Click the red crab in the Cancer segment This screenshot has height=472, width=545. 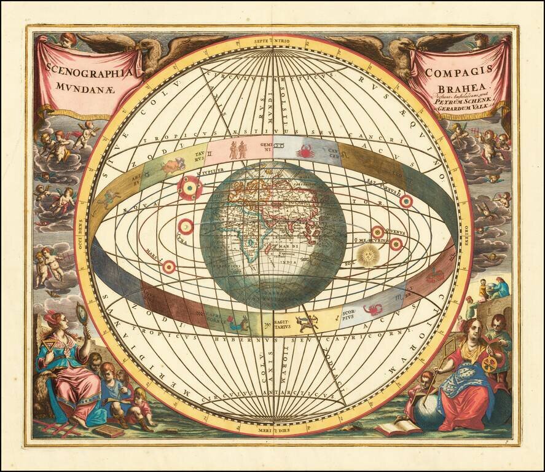click(x=305, y=151)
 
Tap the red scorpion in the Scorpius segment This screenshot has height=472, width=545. click(x=372, y=308)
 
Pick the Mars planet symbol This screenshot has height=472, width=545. click(x=168, y=267)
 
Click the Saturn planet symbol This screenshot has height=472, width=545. click(x=406, y=201)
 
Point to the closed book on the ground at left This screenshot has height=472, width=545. click(x=109, y=430)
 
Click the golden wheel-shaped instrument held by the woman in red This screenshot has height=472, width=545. click(x=489, y=364)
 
